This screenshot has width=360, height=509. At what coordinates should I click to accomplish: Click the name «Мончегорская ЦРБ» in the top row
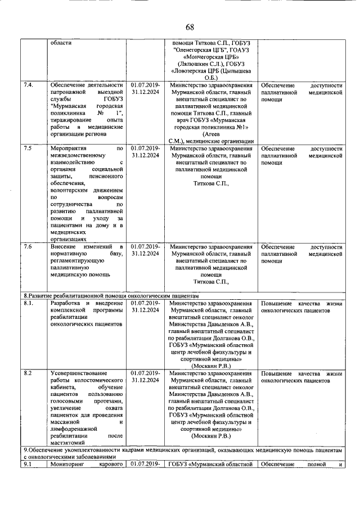210,57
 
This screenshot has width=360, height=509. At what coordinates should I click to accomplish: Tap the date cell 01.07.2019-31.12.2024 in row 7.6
146,250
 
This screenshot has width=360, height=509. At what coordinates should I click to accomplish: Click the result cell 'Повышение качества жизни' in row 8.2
301,377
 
